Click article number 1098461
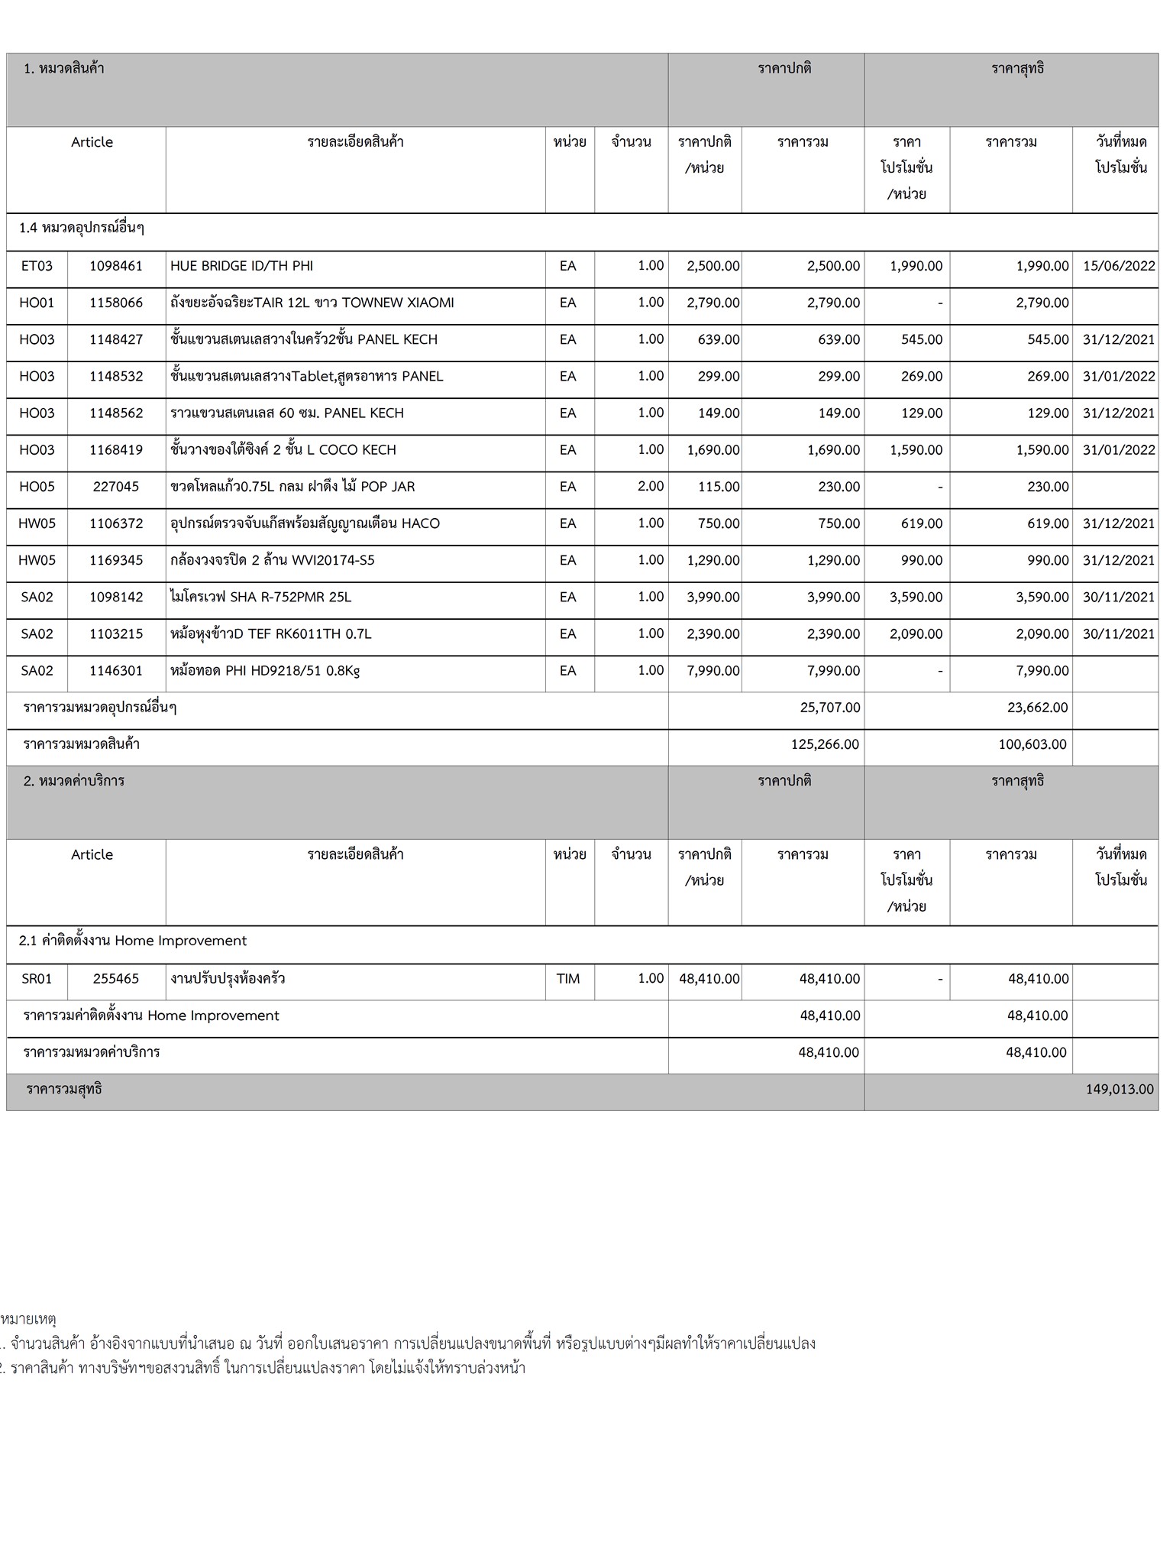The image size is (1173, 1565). click(116, 266)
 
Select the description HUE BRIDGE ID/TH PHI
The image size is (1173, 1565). click(241, 266)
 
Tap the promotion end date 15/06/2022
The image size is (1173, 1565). click(1119, 266)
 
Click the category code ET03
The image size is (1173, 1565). click(37, 266)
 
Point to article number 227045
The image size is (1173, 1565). click(116, 487)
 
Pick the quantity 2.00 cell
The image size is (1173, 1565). click(651, 487)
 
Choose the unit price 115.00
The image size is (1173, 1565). click(719, 487)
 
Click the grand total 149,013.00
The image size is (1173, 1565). click(1120, 1089)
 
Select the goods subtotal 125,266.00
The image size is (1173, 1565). click(829, 744)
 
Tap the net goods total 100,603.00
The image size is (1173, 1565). click(1032, 744)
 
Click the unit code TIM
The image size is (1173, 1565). click(568, 978)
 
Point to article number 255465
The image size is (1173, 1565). click(116, 978)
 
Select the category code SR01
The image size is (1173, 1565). click(37, 978)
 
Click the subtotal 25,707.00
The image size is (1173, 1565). click(830, 708)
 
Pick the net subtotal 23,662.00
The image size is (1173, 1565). click(1037, 708)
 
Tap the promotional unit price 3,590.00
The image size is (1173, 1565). click(916, 597)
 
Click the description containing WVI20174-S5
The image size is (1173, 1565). click(273, 560)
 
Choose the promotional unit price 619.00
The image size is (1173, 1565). click(922, 523)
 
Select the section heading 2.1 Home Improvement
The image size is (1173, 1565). click(133, 941)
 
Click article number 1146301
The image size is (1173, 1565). click(116, 671)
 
